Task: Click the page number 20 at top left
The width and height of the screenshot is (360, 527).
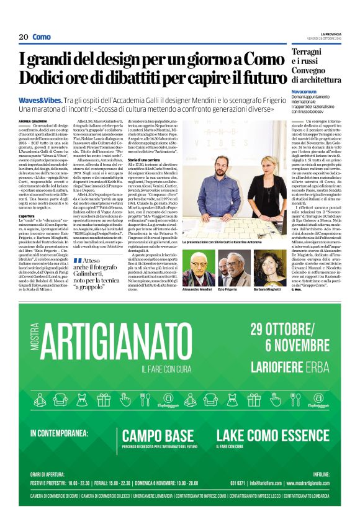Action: click(x=24, y=37)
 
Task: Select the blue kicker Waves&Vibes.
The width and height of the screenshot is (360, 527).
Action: click(x=38, y=100)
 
